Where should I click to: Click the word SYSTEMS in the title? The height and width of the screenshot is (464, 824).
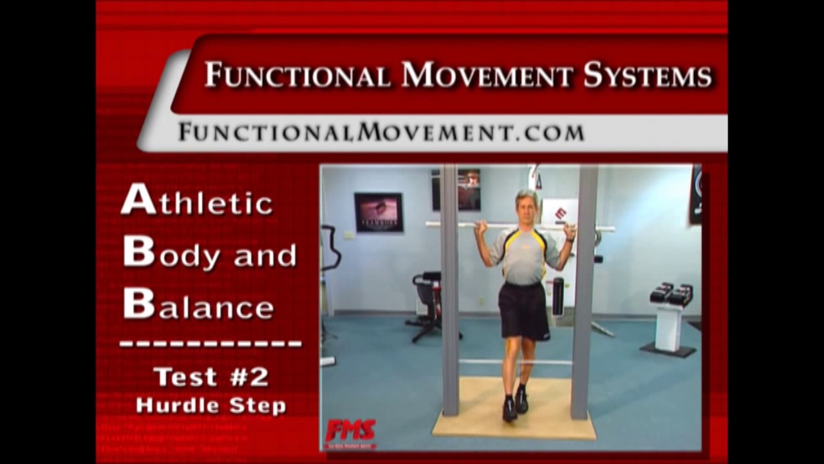click(647, 75)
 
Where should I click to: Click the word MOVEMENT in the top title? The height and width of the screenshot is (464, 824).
click(487, 75)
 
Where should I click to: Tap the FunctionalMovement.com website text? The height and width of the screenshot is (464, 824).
click(381, 132)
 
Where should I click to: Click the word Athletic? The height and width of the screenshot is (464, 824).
click(197, 200)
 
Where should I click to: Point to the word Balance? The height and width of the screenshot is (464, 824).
click(198, 305)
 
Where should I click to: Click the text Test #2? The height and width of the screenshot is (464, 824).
click(211, 377)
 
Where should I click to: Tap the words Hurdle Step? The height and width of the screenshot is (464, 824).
click(211, 406)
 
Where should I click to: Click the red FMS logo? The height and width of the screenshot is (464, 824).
click(350, 430)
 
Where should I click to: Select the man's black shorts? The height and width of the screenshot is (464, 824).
click(524, 311)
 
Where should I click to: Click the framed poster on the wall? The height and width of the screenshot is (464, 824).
click(379, 212)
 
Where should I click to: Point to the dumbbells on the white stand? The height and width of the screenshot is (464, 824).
click(671, 295)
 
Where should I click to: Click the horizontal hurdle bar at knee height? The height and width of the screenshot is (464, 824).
click(515, 362)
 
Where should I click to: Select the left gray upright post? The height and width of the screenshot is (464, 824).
click(449, 290)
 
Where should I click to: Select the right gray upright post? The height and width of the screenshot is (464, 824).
click(585, 290)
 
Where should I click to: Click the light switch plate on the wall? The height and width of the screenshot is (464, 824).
click(348, 235)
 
